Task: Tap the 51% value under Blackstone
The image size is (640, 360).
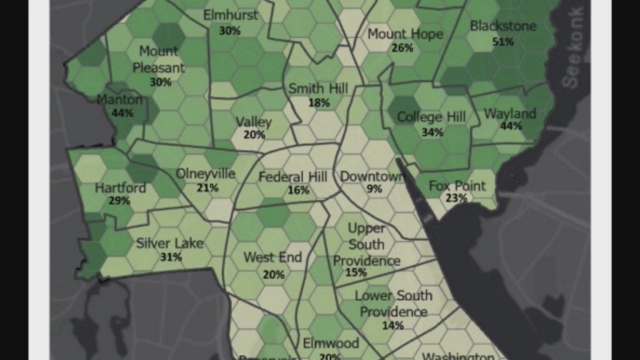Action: [502, 41]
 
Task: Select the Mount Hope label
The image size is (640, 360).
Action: [405, 34]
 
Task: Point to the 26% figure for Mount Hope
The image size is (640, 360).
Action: [402, 47]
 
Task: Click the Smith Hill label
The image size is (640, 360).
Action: [318, 89]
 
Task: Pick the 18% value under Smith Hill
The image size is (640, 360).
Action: [319, 102]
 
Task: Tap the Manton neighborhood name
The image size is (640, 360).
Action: [119, 99]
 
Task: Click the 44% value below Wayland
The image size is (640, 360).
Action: [511, 126]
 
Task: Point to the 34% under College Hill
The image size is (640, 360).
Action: [432, 132]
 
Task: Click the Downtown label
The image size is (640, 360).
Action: [372, 177]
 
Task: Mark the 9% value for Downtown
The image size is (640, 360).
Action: [375, 189]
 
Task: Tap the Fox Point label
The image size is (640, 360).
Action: [457, 186]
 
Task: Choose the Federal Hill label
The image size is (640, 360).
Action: [292, 177]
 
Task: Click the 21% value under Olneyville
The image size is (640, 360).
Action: [207, 187]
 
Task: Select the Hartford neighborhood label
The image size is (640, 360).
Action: [121, 187]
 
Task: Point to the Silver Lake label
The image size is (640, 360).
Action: [170, 243]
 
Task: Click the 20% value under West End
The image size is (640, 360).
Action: [274, 274]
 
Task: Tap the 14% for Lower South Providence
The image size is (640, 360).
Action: [392, 325]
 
